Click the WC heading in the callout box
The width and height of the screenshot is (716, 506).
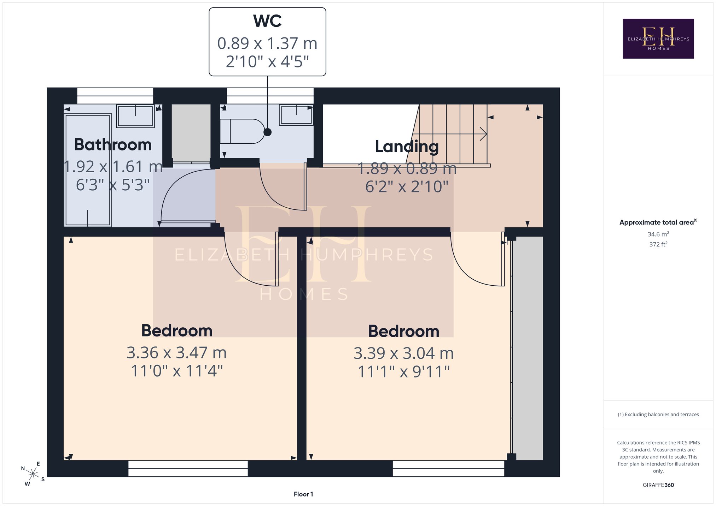click(267, 21)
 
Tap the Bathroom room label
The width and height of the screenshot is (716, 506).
click(113, 145)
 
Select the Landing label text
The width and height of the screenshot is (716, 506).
click(407, 147)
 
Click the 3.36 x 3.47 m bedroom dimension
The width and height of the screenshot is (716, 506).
click(176, 353)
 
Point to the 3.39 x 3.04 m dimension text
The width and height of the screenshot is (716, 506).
click(403, 353)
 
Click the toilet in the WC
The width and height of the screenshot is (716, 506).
click(243, 131)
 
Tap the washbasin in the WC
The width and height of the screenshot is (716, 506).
click(296, 115)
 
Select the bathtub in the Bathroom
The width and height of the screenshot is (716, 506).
click(88, 170)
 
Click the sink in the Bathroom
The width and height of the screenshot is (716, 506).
click(135, 116)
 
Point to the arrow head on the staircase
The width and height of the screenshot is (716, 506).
click(484, 134)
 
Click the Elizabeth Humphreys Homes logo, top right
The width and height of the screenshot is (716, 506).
click(658, 38)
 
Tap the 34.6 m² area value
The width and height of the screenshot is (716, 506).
click(658, 234)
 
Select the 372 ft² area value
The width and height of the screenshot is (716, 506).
click(658, 244)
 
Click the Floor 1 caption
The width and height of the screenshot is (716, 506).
click(303, 494)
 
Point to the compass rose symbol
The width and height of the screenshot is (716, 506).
click(33, 474)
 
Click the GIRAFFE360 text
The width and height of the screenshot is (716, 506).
click(658, 485)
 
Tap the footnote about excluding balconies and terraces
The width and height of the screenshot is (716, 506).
click(658, 415)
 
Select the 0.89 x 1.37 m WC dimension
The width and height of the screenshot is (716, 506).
click(267, 43)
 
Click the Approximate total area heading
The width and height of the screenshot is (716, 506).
click(658, 222)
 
